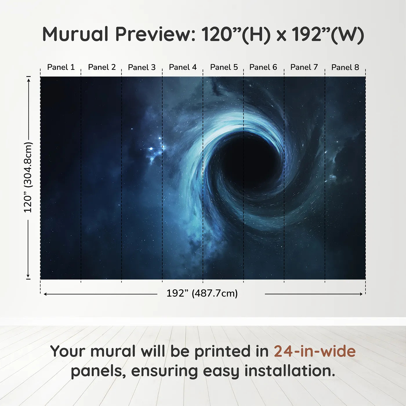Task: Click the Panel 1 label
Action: pyautogui.click(x=61, y=67)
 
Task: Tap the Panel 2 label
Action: pyautogui.click(x=102, y=67)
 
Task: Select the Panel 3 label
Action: pyautogui.click(x=142, y=67)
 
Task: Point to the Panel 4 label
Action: pyautogui.click(x=183, y=67)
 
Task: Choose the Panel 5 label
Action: pyautogui.click(x=224, y=67)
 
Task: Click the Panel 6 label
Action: pyautogui.click(x=263, y=67)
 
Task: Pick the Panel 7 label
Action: pyautogui.click(x=304, y=67)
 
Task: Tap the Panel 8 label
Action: pyautogui.click(x=345, y=67)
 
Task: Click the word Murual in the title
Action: pyautogui.click(x=75, y=34)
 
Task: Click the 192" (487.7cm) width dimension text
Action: pyautogui.click(x=202, y=293)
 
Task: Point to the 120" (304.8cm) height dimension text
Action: pyautogui.click(x=28, y=177)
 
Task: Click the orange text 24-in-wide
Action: pyautogui.click(x=315, y=351)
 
